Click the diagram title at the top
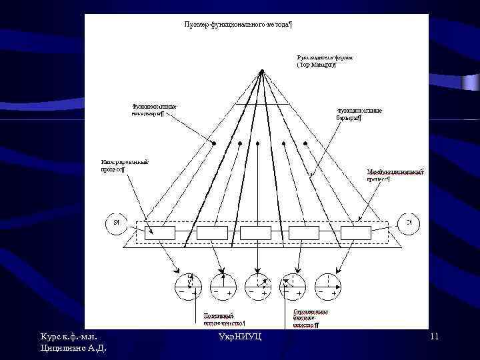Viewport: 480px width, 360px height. (x=238, y=25)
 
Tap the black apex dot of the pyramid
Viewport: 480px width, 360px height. (x=263, y=71)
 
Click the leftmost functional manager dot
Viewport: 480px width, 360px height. (x=214, y=143)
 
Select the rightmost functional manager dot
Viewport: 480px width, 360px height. (x=306, y=143)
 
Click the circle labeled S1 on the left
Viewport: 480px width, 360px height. (x=116, y=223)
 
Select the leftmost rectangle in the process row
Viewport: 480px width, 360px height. (x=159, y=233)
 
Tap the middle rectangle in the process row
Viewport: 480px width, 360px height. (x=255, y=233)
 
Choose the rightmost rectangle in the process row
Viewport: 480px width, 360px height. (x=355, y=233)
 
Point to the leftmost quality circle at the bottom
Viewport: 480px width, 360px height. (x=188, y=286)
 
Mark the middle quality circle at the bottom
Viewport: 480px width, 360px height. (x=257, y=286)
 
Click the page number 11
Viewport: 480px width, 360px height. (x=433, y=337)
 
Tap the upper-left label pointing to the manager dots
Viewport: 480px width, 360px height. (x=155, y=109)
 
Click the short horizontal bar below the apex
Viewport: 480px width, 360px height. (x=263, y=105)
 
